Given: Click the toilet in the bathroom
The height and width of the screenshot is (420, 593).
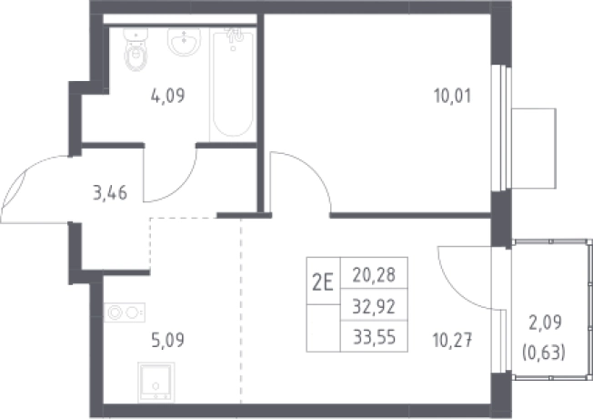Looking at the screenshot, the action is pos(135,49).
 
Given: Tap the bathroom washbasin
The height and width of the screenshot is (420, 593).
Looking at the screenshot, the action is pos(185,41).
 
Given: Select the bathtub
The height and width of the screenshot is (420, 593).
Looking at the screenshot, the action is pos(233,84).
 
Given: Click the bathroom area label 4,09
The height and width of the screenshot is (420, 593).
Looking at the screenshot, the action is pos(168,96).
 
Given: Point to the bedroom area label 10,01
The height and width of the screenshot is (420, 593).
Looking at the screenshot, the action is pos(453,96).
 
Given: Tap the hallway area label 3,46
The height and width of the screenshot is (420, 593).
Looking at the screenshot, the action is pos(110,193).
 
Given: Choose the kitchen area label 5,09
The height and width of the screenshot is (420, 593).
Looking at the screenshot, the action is pos(167,340).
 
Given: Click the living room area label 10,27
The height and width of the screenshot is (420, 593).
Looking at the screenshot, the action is pos(453,340).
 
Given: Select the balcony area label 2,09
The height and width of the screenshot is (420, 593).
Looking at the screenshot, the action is pos(545,323).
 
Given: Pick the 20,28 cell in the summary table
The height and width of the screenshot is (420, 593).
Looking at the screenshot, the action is pos(374,275).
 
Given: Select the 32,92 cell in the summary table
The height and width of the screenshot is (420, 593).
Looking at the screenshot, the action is pos(374,306).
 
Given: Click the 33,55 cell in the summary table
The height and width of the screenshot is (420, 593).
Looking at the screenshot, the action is pos(374,337).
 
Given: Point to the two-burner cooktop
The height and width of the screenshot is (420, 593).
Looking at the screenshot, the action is pos(125,312).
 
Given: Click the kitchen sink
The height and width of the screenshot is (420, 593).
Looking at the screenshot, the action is pos(156,382).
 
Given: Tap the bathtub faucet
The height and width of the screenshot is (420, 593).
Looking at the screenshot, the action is pos(235,36).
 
